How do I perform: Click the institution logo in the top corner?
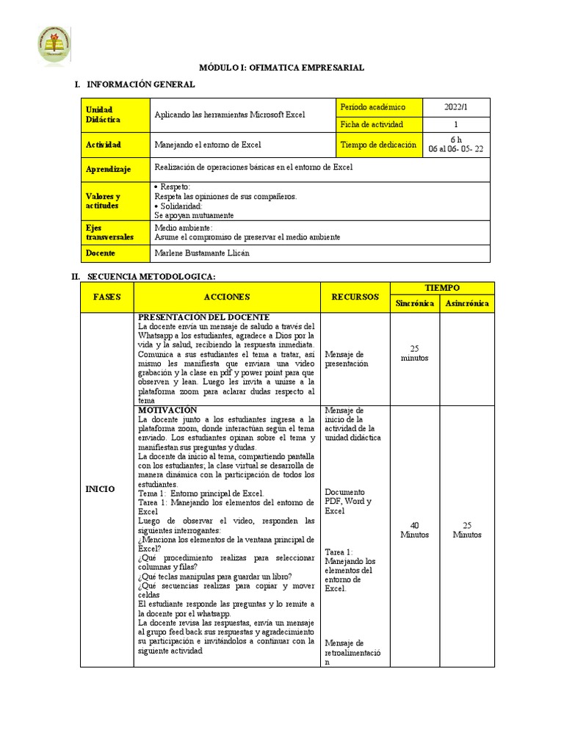tap(54, 46)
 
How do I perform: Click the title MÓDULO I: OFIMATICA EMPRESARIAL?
tap(282, 68)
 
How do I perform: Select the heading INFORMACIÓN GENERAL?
tap(141, 84)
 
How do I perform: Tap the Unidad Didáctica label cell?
tap(114, 115)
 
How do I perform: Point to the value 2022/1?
tap(455, 107)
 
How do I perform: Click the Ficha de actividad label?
tap(372, 124)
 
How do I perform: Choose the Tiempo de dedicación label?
tap(378, 145)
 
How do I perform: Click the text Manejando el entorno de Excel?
tap(208, 145)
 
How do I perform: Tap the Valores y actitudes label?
tap(114, 201)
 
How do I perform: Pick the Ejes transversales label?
tap(114, 232)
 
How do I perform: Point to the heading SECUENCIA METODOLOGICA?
tap(151, 276)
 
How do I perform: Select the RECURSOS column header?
tap(355, 297)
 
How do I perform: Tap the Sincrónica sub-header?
tap(414, 303)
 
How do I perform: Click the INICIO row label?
tap(101, 488)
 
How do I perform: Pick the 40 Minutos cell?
tap(414, 529)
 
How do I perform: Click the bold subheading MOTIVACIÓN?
tap(168, 410)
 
